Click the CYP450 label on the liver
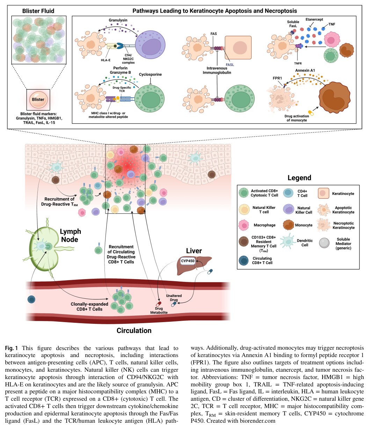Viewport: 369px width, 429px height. [x=188, y=261]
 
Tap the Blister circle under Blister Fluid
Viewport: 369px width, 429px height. [x=38, y=100]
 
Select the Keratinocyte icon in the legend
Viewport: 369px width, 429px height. [x=323, y=193]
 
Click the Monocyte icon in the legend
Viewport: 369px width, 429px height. [x=288, y=225]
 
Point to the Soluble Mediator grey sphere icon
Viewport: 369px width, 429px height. [x=324, y=243]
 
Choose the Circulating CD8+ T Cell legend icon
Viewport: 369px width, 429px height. [x=244, y=261]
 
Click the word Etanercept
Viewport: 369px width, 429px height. [x=314, y=19]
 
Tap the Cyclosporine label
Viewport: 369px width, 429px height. [x=150, y=74]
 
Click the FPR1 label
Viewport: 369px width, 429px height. [x=277, y=78]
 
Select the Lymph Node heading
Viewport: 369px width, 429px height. [x=70, y=235]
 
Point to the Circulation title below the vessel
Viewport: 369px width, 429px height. [x=134, y=330]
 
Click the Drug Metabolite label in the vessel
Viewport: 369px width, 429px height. [x=159, y=310]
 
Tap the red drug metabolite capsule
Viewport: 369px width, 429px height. [x=159, y=304]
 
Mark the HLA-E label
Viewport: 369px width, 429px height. [x=106, y=60]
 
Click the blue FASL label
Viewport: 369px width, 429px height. [x=230, y=65]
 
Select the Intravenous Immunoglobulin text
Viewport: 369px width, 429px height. [x=217, y=70]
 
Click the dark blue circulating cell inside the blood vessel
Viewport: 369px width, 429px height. [x=31, y=299]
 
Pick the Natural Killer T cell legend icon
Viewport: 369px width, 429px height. [x=244, y=209]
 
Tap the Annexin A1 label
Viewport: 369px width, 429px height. [x=305, y=70]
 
